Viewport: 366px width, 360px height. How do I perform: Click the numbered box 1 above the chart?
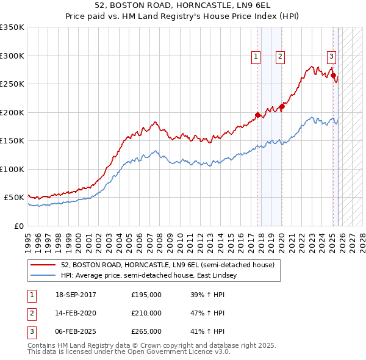pos(255,57)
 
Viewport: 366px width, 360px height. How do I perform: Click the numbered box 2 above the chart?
pos(280,57)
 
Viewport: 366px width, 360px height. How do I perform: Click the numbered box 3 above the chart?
pos(331,57)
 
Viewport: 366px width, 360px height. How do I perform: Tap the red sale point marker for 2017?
pos(258,115)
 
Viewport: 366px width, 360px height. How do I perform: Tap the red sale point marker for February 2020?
pos(282,107)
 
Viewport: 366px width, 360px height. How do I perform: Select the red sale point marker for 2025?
pos(334,76)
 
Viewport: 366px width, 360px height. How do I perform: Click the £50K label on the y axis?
pos(14,198)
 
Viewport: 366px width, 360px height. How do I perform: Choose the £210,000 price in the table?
pos(146,313)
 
